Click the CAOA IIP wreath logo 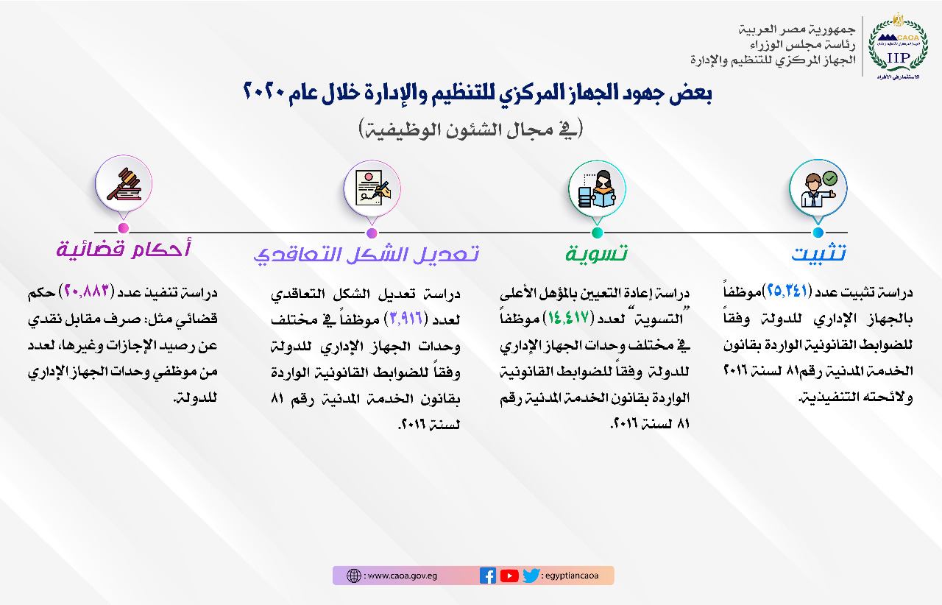pyautogui.click(x=899, y=46)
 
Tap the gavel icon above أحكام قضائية pyautogui.click(x=124, y=184)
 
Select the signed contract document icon pyautogui.click(x=372, y=188)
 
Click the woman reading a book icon pyautogui.click(x=597, y=189)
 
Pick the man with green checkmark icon pyautogui.click(x=818, y=189)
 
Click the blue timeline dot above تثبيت pyautogui.click(x=818, y=233)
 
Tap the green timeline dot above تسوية pyautogui.click(x=597, y=233)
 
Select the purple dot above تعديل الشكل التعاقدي pyautogui.click(x=372, y=233)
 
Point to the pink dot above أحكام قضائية pyautogui.click(x=123, y=228)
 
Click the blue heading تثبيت pyautogui.click(x=819, y=254)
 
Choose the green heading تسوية pyautogui.click(x=596, y=253)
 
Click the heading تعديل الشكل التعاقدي pyautogui.click(x=366, y=255)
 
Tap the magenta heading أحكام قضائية pyautogui.click(x=123, y=248)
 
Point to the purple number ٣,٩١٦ pyautogui.click(x=406, y=318)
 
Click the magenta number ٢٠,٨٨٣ pyautogui.click(x=87, y=291)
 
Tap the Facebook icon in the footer pyautogui.click(x=488, y=576)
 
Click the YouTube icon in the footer pyautogui.click(x=509, y=576)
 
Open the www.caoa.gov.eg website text pyautogui.click(x=403, y=576)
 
